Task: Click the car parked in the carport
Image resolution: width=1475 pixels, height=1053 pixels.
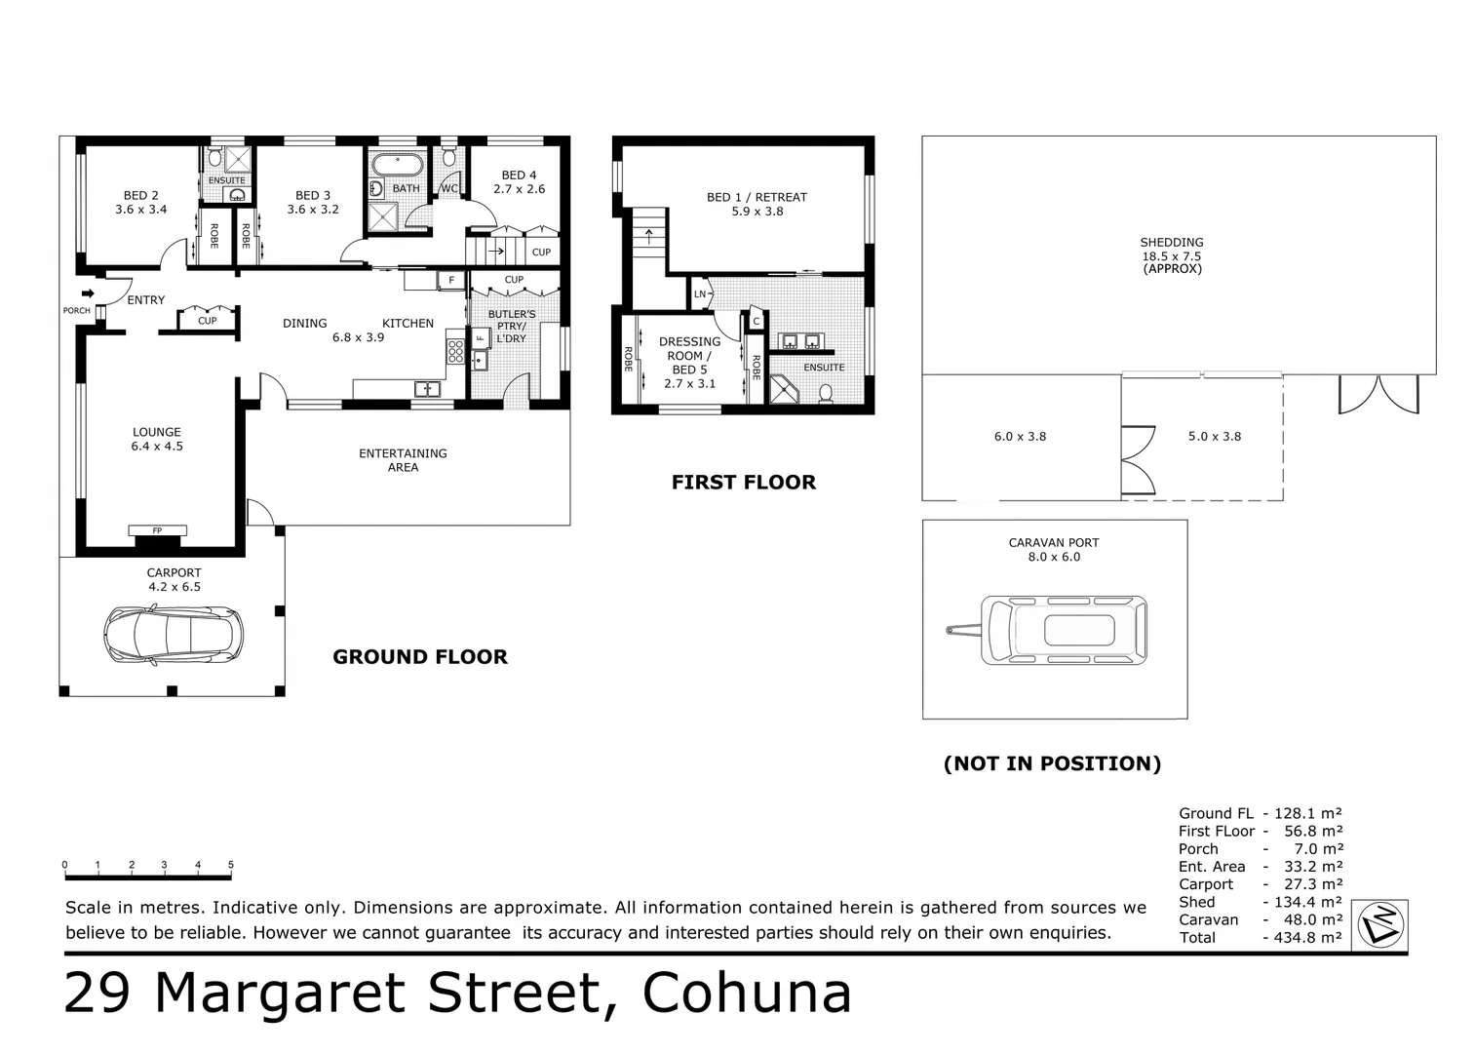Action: click(174, 635)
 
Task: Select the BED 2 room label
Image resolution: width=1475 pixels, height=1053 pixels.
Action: click(141, 202)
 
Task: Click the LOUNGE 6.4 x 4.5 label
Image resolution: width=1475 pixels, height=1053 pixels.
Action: click(157, 439)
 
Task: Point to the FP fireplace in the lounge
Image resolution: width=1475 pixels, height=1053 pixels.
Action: click(157, 531)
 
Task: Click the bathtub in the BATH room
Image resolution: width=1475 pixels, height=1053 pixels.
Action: click(397, 163)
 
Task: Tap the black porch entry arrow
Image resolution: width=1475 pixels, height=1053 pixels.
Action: click(89, 292)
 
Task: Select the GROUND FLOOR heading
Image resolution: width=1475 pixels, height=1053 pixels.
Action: click(420, 657)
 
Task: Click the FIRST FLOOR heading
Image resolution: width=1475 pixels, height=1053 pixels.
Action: click(744, 482)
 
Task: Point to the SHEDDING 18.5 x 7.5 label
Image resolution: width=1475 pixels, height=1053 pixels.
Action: click(1172, 255)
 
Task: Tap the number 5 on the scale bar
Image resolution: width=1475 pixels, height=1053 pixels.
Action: click(231, 865)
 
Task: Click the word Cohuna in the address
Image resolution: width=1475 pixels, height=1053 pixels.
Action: click(747, 994)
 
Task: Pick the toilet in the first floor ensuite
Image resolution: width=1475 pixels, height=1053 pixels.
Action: click(826, 393)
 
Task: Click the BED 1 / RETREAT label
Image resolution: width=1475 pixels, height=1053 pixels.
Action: click(757, 204)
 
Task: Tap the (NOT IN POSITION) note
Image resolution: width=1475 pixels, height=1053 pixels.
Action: click(1052, 763)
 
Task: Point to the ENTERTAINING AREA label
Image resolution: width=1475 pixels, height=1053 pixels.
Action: click(403, 460)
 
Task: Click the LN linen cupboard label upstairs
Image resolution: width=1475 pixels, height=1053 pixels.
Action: click(700, 293)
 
